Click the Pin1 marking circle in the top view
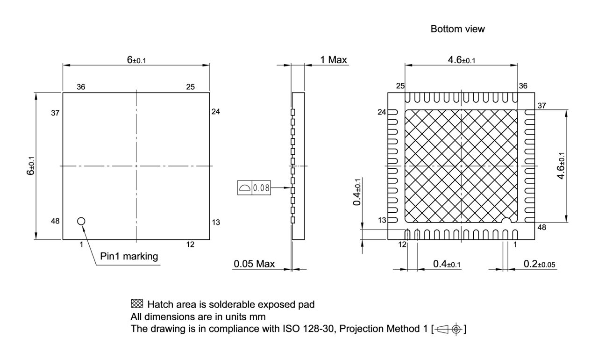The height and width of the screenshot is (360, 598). (81, 221)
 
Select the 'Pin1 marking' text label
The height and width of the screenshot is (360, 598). (129, 256)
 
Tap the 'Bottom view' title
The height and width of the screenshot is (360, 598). (457, 29)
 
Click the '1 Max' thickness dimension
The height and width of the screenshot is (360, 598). (333, 59)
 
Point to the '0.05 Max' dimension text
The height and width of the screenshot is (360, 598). (254, 264)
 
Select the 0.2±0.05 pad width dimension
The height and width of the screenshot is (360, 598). (539, 264)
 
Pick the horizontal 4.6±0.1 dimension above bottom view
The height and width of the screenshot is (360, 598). (462, 59)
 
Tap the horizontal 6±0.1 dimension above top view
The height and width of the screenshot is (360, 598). (136, 59)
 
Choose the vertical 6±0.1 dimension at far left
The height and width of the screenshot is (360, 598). (30, 166)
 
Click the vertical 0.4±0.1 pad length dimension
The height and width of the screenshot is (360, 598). (357, 192)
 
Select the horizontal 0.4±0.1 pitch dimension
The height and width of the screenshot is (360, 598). (446, 264)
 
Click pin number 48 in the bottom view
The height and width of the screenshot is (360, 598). (541, 228)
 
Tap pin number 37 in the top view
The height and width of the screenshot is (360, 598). (55, 113)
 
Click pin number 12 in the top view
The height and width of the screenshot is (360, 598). (190, 244)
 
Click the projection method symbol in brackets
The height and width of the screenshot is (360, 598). (450, 329)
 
